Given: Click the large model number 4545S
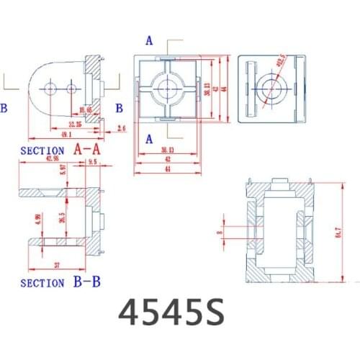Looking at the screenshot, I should (x=171, y=311).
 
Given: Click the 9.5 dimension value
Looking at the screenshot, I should (x=92, y=163).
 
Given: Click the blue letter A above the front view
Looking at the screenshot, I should (x=149, y=41).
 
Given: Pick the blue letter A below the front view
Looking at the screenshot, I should (x=149, y=138).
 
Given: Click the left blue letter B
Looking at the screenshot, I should (x=4, y=108).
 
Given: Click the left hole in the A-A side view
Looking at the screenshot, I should (x=50, y=88).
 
